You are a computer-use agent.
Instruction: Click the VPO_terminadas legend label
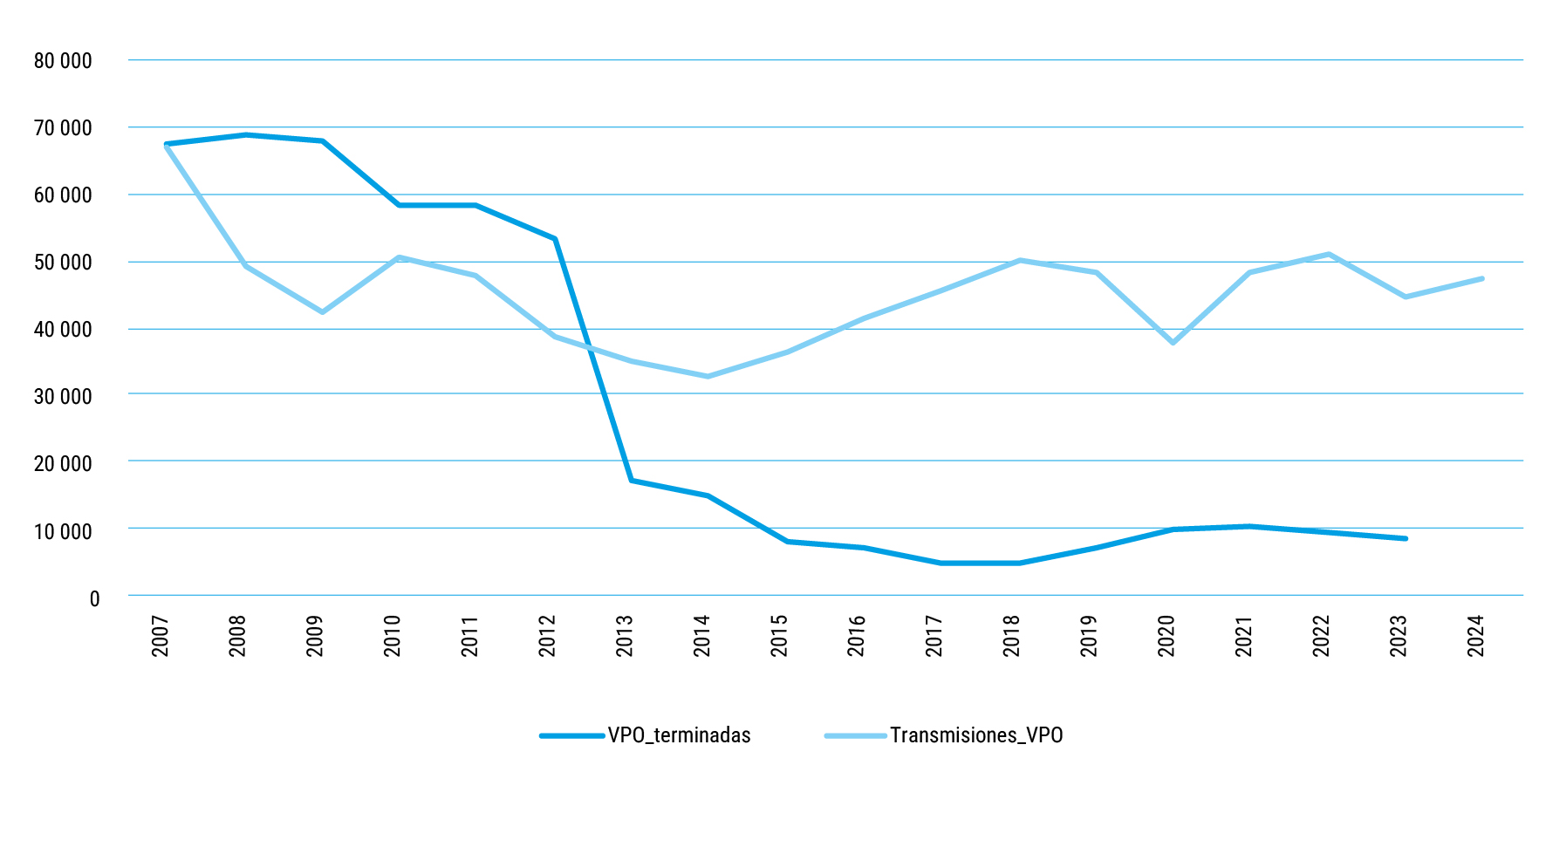[x=679, y=735]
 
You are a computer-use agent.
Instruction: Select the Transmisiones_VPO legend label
[x=976, y=735]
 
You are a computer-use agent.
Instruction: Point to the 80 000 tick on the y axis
[x=63, y=61]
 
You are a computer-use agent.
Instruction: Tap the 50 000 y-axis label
[x=63, y=263]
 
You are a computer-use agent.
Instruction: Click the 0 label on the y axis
[x=94, y=599]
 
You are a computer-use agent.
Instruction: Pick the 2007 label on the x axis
[x=161, y=636]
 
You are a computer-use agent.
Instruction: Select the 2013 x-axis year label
[x=625, y=636]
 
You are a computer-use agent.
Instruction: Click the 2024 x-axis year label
[x=1475, y=636]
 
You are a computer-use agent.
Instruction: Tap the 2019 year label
[x=1089, y=636]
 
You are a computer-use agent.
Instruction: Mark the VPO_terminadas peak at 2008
[x=246, y=135]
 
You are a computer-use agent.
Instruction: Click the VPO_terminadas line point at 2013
[x=631, y=481]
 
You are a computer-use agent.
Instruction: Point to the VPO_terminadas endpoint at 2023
[x=1406, y=539]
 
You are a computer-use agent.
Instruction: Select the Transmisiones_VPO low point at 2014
[x=708, y=377]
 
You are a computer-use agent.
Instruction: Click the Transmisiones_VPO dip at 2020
[x=1173, y=343]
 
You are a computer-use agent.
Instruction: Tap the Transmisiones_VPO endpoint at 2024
[x=1482, y=278]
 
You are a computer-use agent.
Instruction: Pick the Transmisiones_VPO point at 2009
[x=322, y=312]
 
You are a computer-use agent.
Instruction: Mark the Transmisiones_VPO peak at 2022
[x=1328, y=254]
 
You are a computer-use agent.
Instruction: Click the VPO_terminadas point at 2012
[x=554, y=238]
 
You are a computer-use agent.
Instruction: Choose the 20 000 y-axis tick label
[x=63, y=464]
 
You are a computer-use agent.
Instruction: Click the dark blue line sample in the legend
[x=572, y=736]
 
